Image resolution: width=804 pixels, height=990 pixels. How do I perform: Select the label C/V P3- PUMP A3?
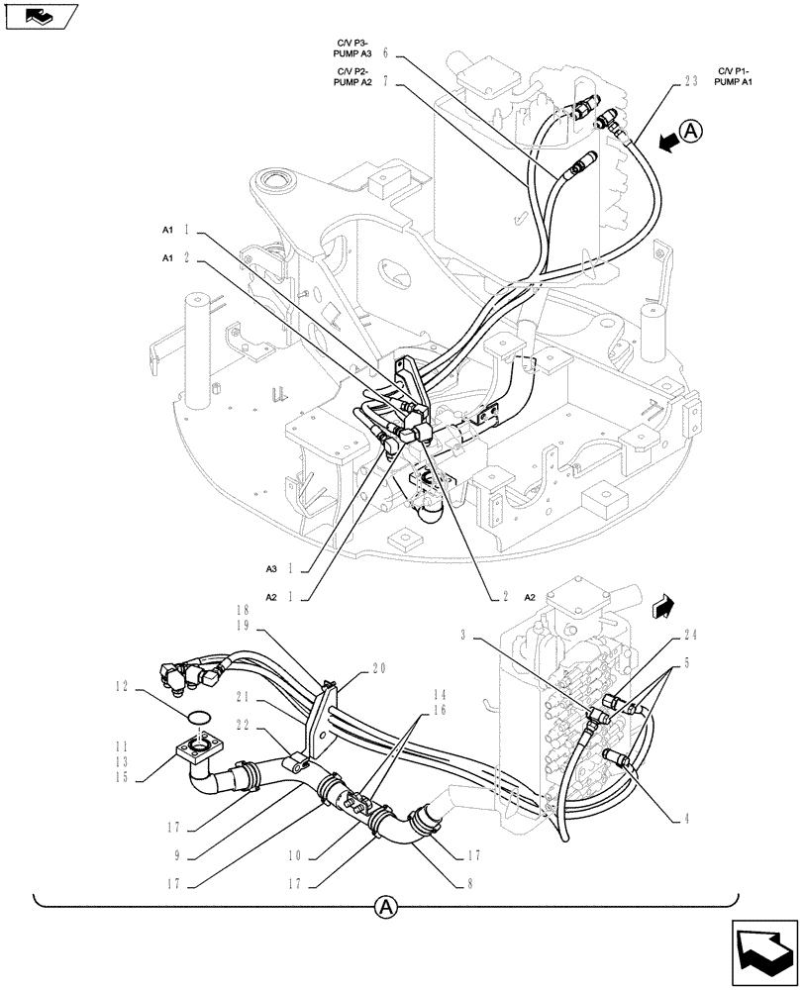point(353,46)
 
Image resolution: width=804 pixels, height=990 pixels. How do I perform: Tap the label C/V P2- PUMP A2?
point(353,77)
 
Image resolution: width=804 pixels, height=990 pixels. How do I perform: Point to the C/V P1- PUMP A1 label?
point(734,77)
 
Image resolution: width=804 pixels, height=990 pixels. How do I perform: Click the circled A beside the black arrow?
point(691,131)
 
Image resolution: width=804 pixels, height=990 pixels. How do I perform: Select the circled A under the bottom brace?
point(386,906)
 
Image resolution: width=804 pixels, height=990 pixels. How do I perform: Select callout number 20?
point(379,668)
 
